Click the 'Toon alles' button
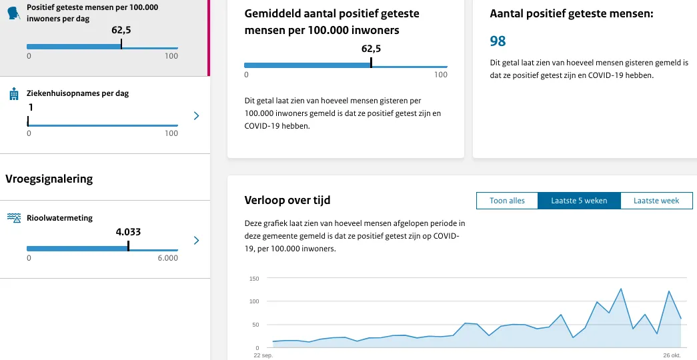[507, 201]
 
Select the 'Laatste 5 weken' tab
[579, 201]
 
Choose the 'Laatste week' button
[656, 201]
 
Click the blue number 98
[498, 41]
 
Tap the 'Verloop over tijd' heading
[287, 200]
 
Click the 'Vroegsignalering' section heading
[49, 178]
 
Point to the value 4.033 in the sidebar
[128, 232]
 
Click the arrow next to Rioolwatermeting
[196, 240]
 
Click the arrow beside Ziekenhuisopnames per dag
[196, 116]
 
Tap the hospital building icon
[13, 95]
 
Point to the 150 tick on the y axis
[253, 278]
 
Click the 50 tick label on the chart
[255, 325]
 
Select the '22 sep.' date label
[264, 355]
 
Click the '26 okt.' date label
[672, 355]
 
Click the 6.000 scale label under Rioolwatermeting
[167, 258]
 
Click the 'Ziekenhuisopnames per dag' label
[77, 93]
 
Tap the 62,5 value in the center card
[371, 49]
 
